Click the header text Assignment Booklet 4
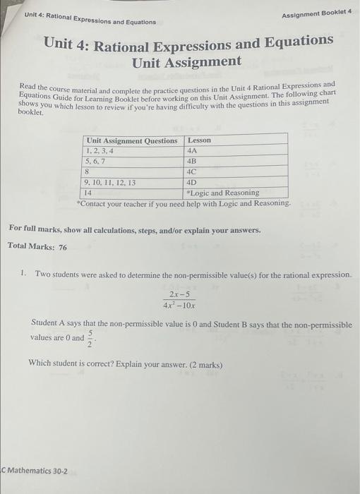pos(316,16)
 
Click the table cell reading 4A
pos(192,150)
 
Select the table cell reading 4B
pos(193,160)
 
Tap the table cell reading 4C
pos(193,171)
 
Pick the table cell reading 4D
pos(193,181)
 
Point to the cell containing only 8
pos(87,171)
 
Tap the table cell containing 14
pos(89,192)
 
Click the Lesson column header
pos(199,140)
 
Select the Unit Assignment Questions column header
pos(131,140)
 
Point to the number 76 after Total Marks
pos(62,246)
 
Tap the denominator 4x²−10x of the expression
pos(179,306)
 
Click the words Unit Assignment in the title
pos(186,62)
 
